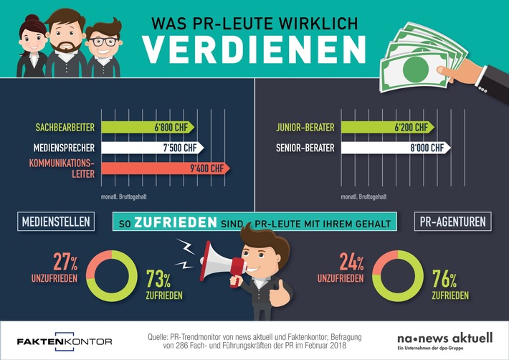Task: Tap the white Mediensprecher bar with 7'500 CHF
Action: click(152, 148)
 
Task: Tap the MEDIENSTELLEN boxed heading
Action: click(54, 222)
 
